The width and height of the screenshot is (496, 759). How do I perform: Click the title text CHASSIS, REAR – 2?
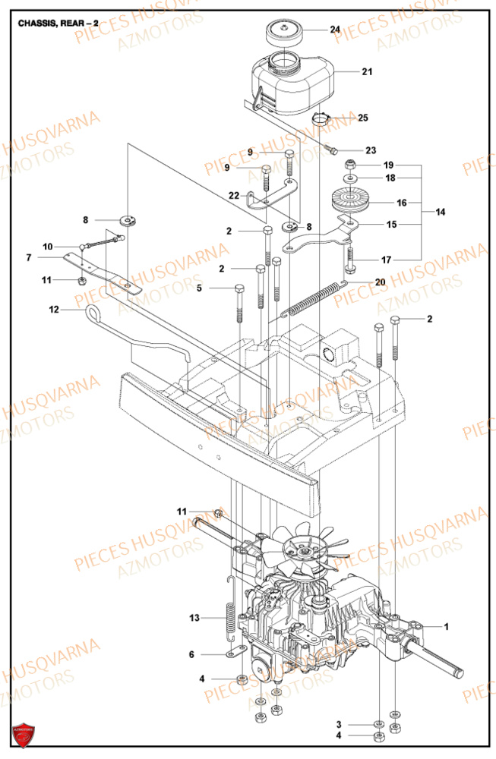coord(58,24)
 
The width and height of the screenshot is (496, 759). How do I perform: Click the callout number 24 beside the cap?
coord(335,30)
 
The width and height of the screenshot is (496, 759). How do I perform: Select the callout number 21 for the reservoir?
coord(367,72)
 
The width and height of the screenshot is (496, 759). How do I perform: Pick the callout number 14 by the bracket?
coord(441,213)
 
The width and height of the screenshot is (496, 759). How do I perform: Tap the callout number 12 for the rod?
coord(54,309)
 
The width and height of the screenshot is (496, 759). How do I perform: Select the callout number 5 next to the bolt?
coord(199,288)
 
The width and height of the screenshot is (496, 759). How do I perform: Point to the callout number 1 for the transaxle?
coord(447,627)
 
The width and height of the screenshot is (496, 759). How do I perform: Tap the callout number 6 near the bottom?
coord(191,654)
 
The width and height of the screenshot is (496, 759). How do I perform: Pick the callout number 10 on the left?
coord(48,247)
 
